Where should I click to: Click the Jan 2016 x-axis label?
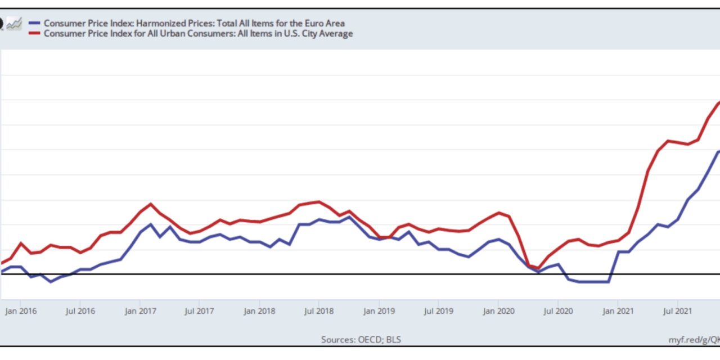(x=20, y=310)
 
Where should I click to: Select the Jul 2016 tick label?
(x=79, y=310)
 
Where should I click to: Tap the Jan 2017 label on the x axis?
(x=140, y=310)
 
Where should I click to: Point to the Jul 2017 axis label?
(x=199, y=310)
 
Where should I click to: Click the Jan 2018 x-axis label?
(x=259, y=310)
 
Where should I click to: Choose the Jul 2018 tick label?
(x=318, y=310)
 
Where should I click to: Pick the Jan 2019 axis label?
(x=379, y=310)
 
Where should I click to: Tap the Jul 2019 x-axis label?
(x=438, y=310)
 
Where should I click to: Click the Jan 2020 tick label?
(x=498, y=310)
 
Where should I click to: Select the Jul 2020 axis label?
(x=557, y=310)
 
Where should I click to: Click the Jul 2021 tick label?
(x=677, y=310)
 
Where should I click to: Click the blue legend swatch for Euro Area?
(x=34, y=24)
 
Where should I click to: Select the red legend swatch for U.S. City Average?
(x=34, y=34)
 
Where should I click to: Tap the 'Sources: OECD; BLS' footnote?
(x=361, y=339)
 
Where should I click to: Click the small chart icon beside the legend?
(x=14, y=24)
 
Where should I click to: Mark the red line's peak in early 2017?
(x=150, y=204)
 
